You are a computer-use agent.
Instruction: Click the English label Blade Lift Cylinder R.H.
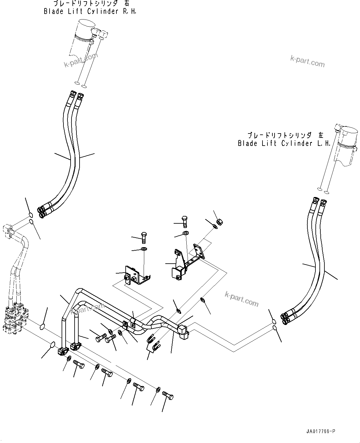pos(90,11)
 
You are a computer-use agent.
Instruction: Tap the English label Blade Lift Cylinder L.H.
pos(284,143)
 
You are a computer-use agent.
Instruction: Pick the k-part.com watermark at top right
pos(307,61)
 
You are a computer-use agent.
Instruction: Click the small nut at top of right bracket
pos(220,221)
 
